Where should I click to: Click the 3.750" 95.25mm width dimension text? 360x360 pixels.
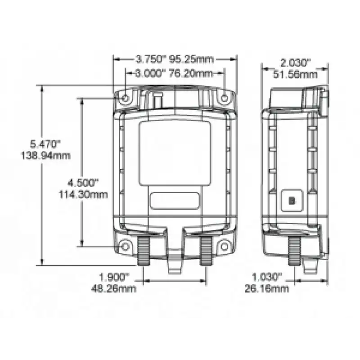coord(175,59)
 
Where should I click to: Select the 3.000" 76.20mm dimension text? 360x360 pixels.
coord(174,73)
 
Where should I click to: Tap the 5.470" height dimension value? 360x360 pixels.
coord(45,144)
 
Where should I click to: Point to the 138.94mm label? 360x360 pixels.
coord(46,156)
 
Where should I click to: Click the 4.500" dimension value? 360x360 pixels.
coord(83,183)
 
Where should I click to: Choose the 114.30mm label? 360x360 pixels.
coord(84,194)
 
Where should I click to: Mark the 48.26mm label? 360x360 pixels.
coord(114,288)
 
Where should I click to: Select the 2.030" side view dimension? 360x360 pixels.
coord(295,63)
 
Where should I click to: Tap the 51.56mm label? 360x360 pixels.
coord(295,74)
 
